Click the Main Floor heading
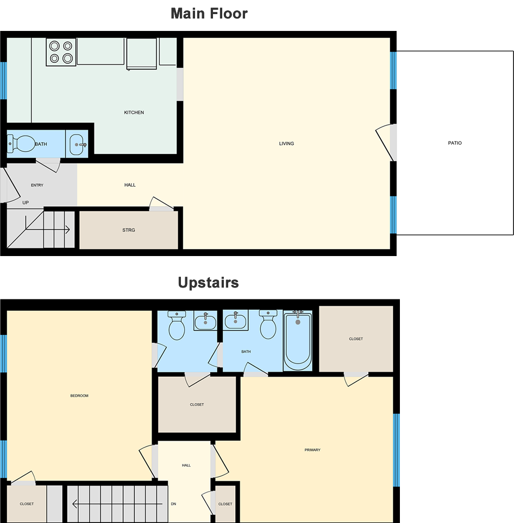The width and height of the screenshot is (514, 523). (209, 14)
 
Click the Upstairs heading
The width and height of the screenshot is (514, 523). (209, 283)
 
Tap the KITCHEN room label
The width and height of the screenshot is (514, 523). (134, 112)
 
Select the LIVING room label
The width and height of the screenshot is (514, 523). (286, 143)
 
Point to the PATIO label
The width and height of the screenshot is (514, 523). (455, 143)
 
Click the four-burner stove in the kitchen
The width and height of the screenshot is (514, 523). (61, 52)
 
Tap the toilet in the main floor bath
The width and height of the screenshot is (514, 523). (21, 143)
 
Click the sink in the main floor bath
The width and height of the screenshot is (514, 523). (77, 144)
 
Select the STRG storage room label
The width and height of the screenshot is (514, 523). (129, 230)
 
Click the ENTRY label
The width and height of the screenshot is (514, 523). (37, 185)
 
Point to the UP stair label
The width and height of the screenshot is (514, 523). (26, 202)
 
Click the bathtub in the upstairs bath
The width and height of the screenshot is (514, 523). (298, 340)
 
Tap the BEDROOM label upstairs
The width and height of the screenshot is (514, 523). (79, 396)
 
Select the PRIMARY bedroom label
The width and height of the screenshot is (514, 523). (312, 450)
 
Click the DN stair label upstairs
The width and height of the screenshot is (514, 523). (173, 503)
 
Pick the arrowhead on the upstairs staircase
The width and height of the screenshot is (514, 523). (74, 503)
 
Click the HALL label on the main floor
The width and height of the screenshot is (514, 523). (130, 185)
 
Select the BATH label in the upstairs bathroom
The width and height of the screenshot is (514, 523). (246, 352)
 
